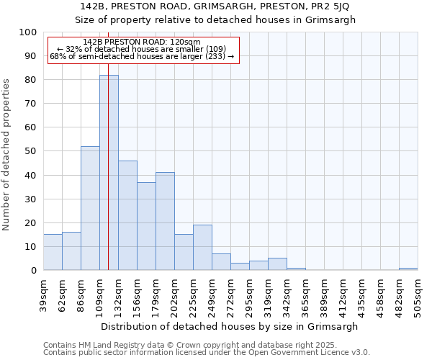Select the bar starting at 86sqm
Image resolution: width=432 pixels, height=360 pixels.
90,208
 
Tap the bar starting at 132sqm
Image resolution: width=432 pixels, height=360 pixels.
127,215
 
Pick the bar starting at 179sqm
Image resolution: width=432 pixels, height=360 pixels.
165,221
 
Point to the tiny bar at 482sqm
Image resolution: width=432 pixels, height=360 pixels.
408,269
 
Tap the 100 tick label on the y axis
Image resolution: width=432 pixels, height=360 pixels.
28,32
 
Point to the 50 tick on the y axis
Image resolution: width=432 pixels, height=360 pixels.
31,151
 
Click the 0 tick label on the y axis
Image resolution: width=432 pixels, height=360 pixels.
34,270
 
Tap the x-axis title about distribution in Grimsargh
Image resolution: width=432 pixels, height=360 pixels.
230,326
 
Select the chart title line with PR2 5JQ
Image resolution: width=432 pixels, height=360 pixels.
215,6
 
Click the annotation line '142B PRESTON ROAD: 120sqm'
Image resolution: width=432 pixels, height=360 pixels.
142,42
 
